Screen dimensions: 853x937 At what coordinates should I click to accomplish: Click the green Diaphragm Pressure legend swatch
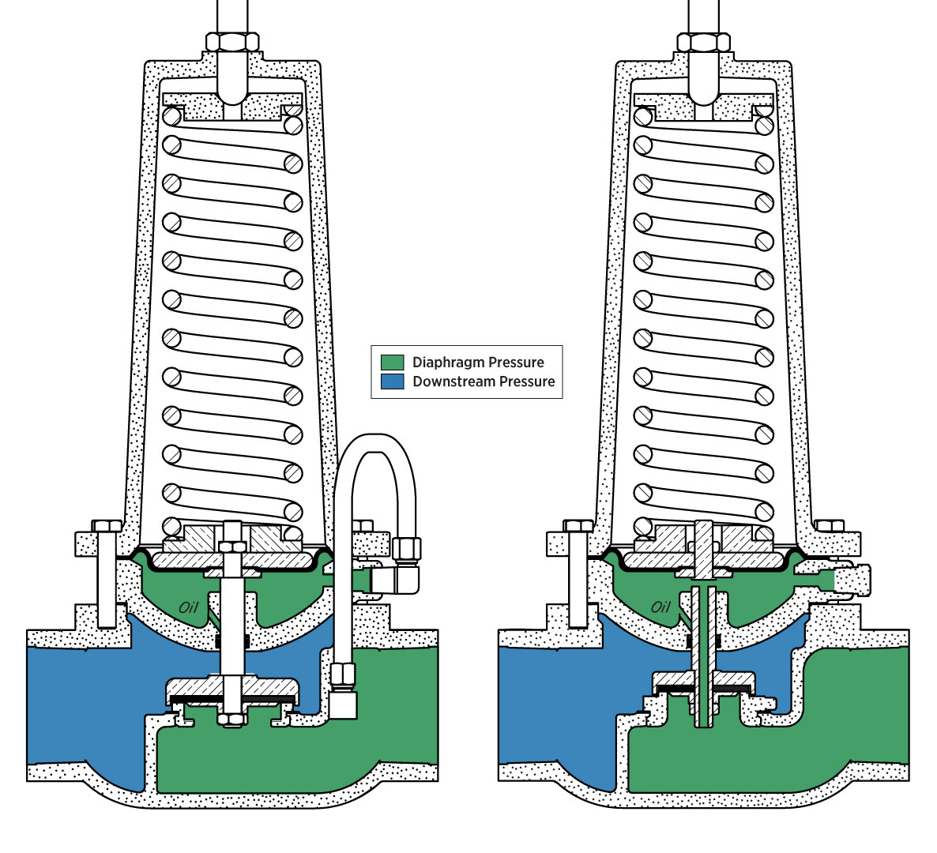(393, 363)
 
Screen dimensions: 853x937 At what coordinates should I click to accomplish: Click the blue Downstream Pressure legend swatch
(393, 381)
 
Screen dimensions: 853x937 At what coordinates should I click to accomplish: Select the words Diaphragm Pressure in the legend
(478, 363)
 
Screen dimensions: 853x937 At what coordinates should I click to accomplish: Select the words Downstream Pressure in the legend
(484, 381)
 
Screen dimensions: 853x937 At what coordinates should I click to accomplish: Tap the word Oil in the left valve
(188, 607)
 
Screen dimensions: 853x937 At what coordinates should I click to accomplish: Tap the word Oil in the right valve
(660, 607)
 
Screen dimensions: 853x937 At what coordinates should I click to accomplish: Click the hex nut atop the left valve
(231, 42)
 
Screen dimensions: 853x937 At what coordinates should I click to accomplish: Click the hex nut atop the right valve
(704, 42)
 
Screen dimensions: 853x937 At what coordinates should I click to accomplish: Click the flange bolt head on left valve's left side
(106, 526)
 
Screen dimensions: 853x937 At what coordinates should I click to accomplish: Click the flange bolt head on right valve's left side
(578, 526)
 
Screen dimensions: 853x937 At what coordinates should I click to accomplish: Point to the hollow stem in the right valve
(704, 656)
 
